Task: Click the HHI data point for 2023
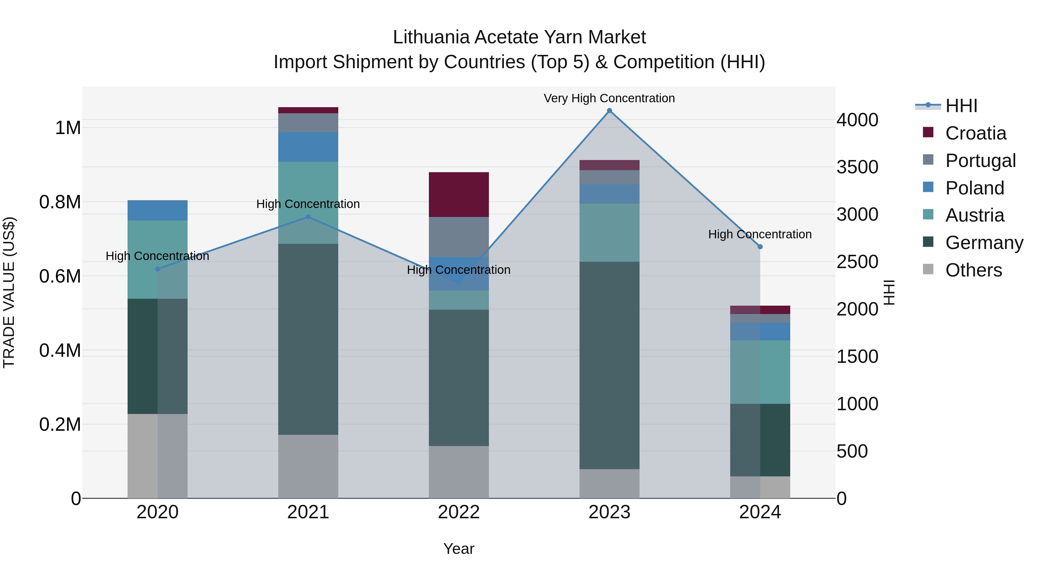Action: pyautogui.click(x=610, y=111)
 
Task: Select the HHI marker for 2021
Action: pyautogui.click(x=308, y=217)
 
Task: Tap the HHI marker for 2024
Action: pyautogui.click(x=760, y=247)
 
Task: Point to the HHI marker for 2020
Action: pyautogui.click(x=158, y=269)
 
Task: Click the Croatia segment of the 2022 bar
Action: pyautogui.click(x=459, y=195)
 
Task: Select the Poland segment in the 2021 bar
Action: pyautogui.click(x=308, y=147)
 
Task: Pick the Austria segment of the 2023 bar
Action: pyautogui.click(x=610, y=233)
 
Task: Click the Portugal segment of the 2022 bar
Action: pyautogui.click(x=459, y=237)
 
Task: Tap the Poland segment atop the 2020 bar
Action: pyautogui.click(x=158, y=210)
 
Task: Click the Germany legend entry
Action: pyautogui.click(x=984, y=243)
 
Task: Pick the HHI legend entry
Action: pyautogui.click(x=961, y=106)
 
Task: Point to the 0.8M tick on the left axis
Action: pyautogui.click(x=60, y=202)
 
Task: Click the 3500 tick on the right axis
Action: pyautogui.click(x=857, y=167)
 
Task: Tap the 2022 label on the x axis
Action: pyautogui.click(x=459, y=512)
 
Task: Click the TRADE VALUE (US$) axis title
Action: pyautogui.click(x=9, y=292)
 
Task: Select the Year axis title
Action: pyautogui.click(x=459, y=549)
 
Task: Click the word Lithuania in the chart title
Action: pyautogui.click(x=431, y=37)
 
